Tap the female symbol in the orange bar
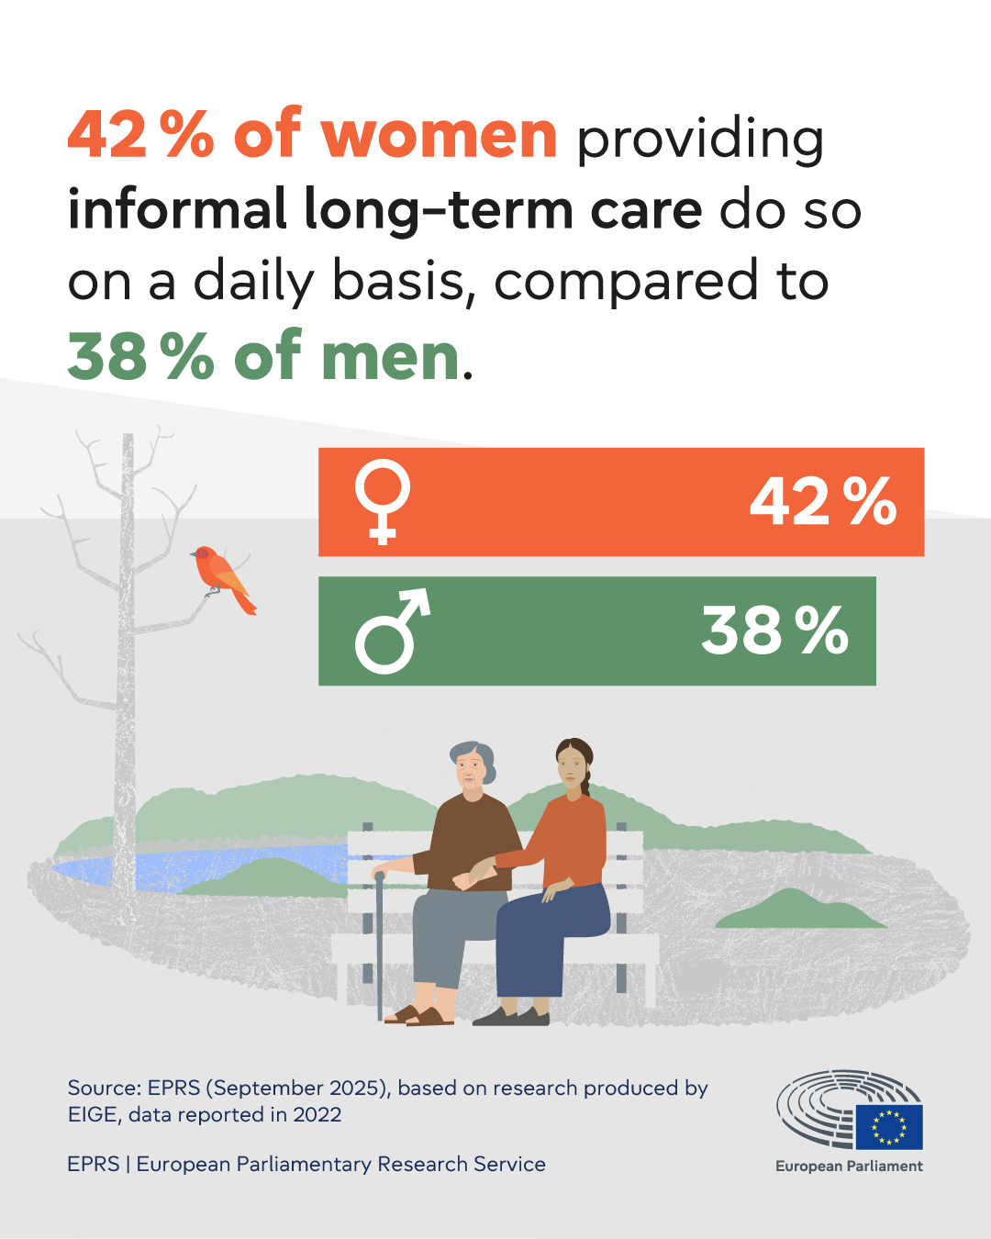point(383,502)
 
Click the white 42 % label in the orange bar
point(822,502)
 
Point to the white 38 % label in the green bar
point(774,631)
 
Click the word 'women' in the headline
point(439,136)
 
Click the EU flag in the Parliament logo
point(889,1127)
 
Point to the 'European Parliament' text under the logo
point(849,1166)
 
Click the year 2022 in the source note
point(317,1115)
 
